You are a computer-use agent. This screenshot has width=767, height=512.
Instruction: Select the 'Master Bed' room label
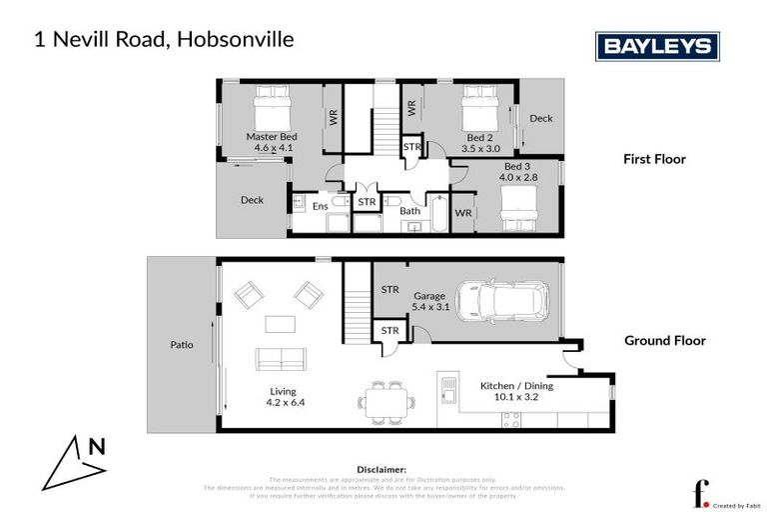[x=272, y=137]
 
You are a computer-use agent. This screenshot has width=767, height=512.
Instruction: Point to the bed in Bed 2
[x=478, y=104]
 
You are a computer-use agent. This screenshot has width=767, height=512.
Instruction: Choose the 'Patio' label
[x=181, y=346]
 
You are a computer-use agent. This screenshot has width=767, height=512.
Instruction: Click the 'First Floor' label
[x=654, y=159]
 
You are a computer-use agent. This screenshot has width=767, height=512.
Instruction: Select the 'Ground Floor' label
[x=664, y=341]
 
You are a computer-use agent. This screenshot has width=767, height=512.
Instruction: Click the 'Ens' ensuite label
[x=320, y=207]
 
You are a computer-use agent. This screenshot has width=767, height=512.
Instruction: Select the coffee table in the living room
[x=280, y=324]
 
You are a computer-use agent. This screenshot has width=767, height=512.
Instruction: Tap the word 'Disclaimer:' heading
[x=382, y=469]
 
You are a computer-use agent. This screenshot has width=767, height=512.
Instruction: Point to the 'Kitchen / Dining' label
[x=516, y=386]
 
